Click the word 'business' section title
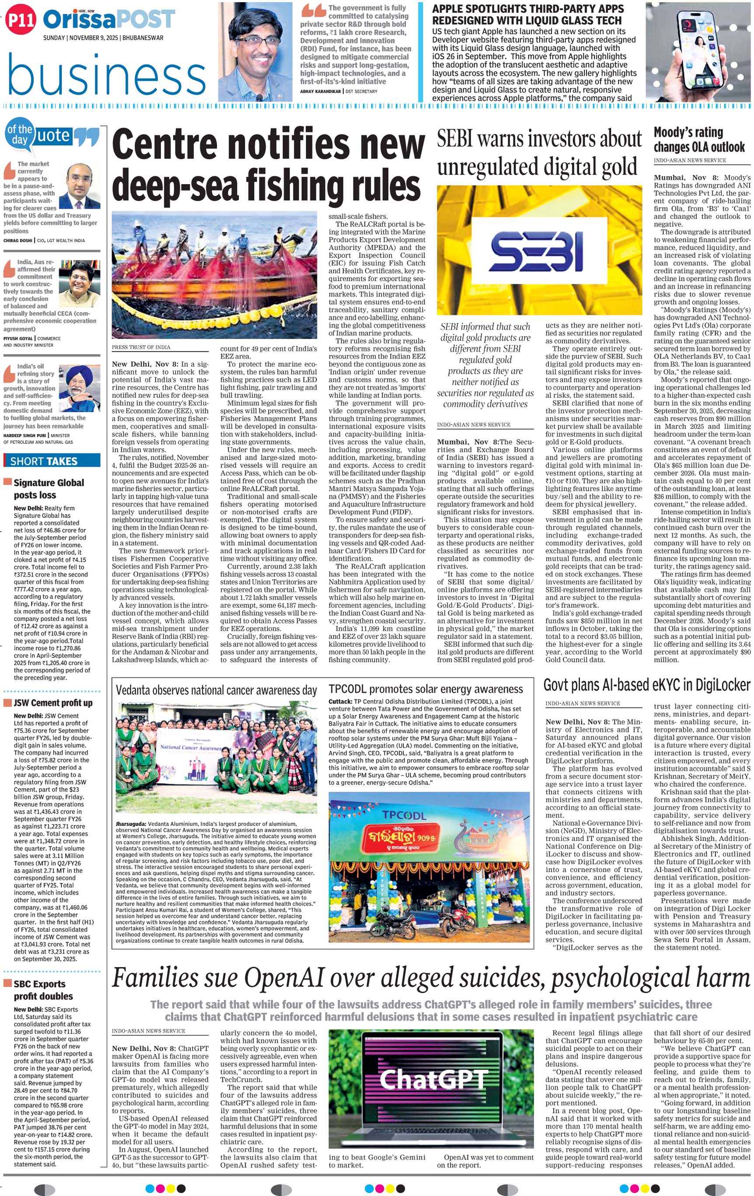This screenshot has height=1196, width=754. point(106,74)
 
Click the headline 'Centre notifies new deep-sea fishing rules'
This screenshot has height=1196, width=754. point(268,164)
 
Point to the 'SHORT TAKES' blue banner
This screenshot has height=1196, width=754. point(52,461)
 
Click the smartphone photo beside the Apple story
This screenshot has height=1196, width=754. point(696,52)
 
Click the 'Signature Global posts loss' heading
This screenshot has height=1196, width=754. point(49,489)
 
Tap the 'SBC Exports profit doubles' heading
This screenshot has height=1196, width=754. point(43,990)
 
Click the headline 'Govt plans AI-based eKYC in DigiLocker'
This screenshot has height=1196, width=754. point(646,685)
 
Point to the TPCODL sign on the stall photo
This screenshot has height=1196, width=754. point(404,815)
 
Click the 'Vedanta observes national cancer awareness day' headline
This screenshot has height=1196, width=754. point(216,690)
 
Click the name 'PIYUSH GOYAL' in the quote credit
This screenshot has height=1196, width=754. point(18,338)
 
